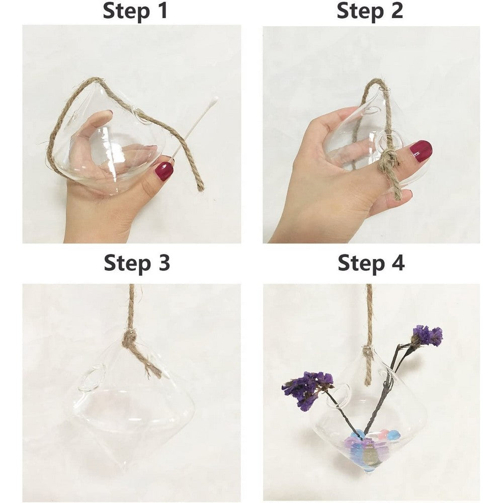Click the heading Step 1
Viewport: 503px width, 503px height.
tap(135, 11)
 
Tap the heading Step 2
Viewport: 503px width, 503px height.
tap(370, 11)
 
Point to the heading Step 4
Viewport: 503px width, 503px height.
tap(371, 263)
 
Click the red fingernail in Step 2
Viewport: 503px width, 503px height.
tap(421, 150)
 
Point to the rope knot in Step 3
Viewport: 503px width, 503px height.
tap(130, 338)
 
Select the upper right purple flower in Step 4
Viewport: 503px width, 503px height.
tap(427, 336)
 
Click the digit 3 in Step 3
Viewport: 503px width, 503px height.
tap(162, 263)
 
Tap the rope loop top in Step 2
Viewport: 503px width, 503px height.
tap(385, 82)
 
